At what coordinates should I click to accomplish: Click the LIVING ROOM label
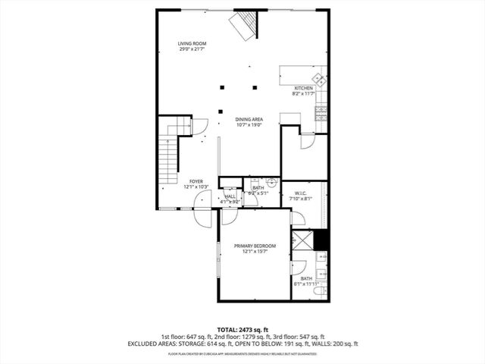(192, 44)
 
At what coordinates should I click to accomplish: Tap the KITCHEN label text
(303, 88)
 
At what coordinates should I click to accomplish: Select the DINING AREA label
(248, 119)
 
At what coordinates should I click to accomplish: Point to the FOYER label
(196, 181)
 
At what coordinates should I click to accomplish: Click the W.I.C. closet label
(299, 193)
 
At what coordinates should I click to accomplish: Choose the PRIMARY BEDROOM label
(255, 246)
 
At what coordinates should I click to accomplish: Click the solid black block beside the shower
(321, 240)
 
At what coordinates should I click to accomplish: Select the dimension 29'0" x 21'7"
(192, 50)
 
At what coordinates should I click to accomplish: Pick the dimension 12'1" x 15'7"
(255, 252)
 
